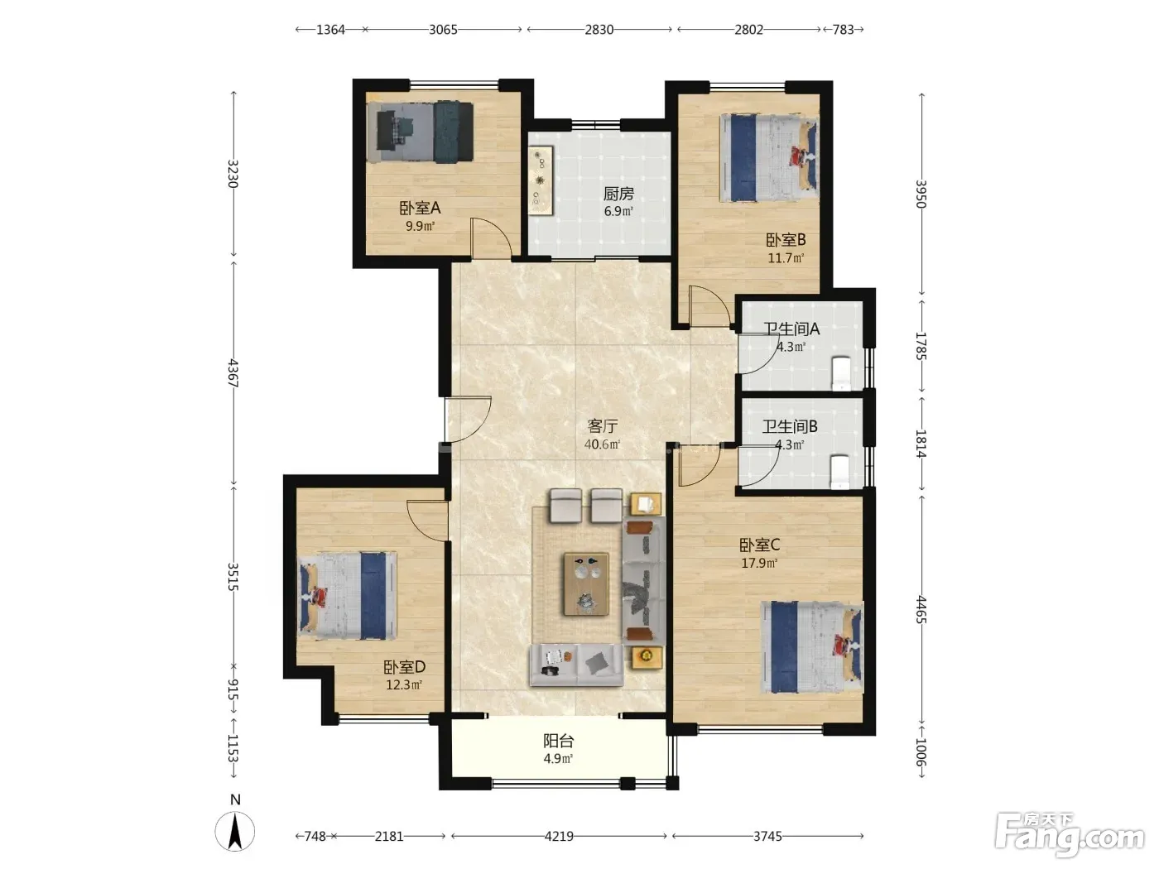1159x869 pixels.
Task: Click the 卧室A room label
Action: click(420, 208)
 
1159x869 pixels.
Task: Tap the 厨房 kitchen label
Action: click(618, 194)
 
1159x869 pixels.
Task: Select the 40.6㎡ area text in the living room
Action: click(602, 444)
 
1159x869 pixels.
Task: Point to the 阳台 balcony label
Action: click(559, 741)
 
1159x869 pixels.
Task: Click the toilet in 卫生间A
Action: click(840, 373)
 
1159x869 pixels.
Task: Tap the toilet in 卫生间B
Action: click(839, 472)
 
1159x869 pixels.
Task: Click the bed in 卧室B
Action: click(769, 158)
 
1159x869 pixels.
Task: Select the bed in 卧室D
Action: click(347, 596)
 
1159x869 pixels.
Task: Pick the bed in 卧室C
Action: click(812, 647)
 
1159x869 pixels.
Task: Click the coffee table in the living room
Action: click(586, 583)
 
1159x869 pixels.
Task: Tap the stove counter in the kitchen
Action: click(540, 180)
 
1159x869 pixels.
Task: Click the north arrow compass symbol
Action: click(235, 832)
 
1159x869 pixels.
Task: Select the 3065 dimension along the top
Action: click(443, 30)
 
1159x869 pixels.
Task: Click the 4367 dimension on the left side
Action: click(233, 373)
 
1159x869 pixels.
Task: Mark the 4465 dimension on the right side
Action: click(921, 609)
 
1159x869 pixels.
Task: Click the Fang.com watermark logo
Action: click(1070, 835)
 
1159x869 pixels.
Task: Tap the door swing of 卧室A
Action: click(492, 238)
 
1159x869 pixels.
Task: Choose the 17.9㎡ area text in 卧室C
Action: click(759, 563)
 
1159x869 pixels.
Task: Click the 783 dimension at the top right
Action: click(843, 30)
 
